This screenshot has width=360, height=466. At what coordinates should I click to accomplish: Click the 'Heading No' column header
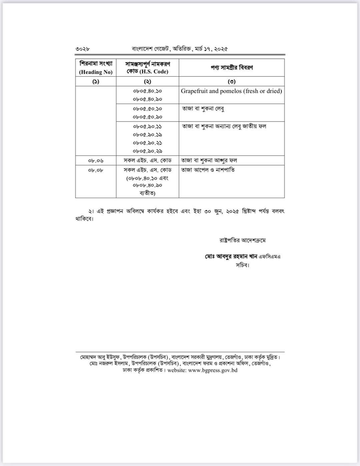(x=96, y=72)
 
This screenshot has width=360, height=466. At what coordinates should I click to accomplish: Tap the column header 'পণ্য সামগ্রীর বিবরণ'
(x=232, y=67)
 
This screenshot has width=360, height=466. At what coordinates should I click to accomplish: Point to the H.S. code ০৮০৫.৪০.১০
(x=147, y=91)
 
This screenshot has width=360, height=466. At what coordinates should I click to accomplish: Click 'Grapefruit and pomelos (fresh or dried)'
(x=231, y=91)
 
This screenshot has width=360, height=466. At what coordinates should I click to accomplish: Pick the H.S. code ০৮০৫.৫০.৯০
(x=147, y=117)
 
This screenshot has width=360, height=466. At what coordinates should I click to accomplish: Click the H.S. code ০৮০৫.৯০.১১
(x=147, y=126)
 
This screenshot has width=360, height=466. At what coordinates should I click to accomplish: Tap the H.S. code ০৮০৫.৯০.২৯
(x=147, y=151)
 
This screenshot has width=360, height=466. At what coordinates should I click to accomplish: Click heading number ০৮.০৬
(x=96, y=161)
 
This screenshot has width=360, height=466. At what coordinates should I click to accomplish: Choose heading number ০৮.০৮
(x=96, y=170)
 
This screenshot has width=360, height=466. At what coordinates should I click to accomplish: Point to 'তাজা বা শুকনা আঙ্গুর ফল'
(x=209, y=160)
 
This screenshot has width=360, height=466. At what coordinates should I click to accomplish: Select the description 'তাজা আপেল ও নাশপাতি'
(x=208, y=170)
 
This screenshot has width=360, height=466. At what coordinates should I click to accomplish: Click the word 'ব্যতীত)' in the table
(x=147, y=193)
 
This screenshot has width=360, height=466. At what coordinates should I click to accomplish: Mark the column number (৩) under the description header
(x=232, y=81)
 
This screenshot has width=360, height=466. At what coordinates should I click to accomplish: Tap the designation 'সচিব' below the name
(x=242, y=265)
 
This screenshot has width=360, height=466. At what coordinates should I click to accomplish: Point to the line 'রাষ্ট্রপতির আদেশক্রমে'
(x=242, y=240)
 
